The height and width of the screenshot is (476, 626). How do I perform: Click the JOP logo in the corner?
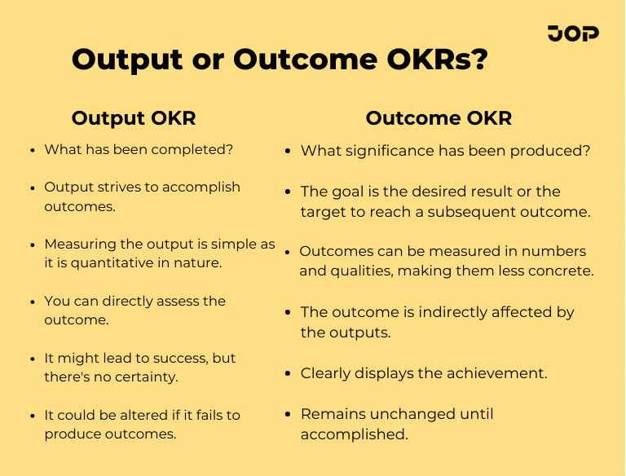pyautogui.click(x=573, y=33)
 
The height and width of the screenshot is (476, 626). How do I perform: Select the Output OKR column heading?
pyautogui.click(x=134, y=118)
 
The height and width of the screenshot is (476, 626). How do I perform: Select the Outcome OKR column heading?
pyautogui.click(x=439, y=118)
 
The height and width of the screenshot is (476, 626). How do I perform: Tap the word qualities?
pyautogui.click(x=359, y=271)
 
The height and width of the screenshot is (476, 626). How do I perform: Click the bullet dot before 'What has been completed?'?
pyautogui.click(x=32, y=151)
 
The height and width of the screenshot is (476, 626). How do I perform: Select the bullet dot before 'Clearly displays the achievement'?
pyautogui.click(x=289, y=374)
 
